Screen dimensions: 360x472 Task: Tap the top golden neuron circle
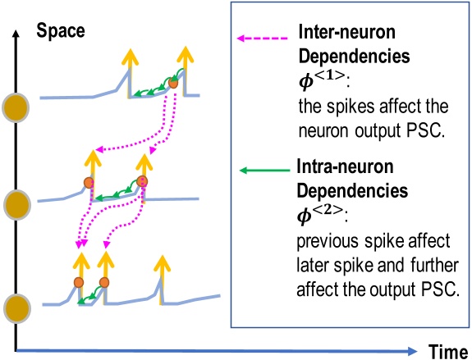coord(15,107)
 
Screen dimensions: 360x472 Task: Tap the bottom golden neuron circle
coord(15,309)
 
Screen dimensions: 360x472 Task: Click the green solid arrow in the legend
coord(263,171)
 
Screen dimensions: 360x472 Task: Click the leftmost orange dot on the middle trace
coord(89,182)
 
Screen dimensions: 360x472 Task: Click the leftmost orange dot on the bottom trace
coord(79,282)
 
